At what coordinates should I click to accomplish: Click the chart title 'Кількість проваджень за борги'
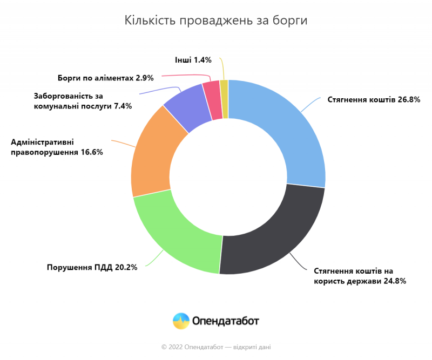click(x=216, y=21)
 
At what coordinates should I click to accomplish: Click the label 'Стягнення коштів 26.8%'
click(x=374, y=99)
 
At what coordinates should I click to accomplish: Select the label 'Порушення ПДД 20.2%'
click(x=92, y=267)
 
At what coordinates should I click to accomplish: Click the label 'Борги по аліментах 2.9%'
click(x=106, y=78)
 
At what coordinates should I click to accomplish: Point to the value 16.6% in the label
click(x=92, y=152)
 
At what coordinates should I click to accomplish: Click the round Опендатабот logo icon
click(x=181, y=321)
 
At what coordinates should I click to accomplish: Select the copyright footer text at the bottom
click(x=216, y=347)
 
